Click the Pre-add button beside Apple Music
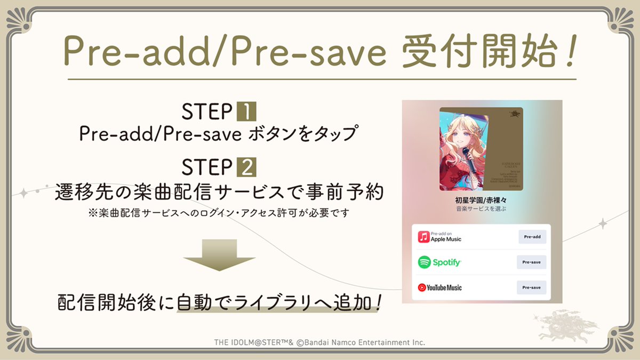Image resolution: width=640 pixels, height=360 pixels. coord(532,236)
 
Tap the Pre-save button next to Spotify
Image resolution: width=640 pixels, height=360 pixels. coord(531,262)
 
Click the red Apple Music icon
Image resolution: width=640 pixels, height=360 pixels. coord(423,236)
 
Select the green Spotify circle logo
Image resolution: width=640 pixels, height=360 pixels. coord(424,262)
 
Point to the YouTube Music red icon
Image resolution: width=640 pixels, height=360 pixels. coord(422,287)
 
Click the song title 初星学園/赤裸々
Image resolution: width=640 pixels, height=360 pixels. coord(481,202)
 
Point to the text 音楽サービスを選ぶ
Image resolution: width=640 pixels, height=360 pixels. coord(481,210)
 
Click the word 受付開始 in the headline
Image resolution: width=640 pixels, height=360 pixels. coord(468,51)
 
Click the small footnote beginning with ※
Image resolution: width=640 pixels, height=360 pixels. coord(219,213)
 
